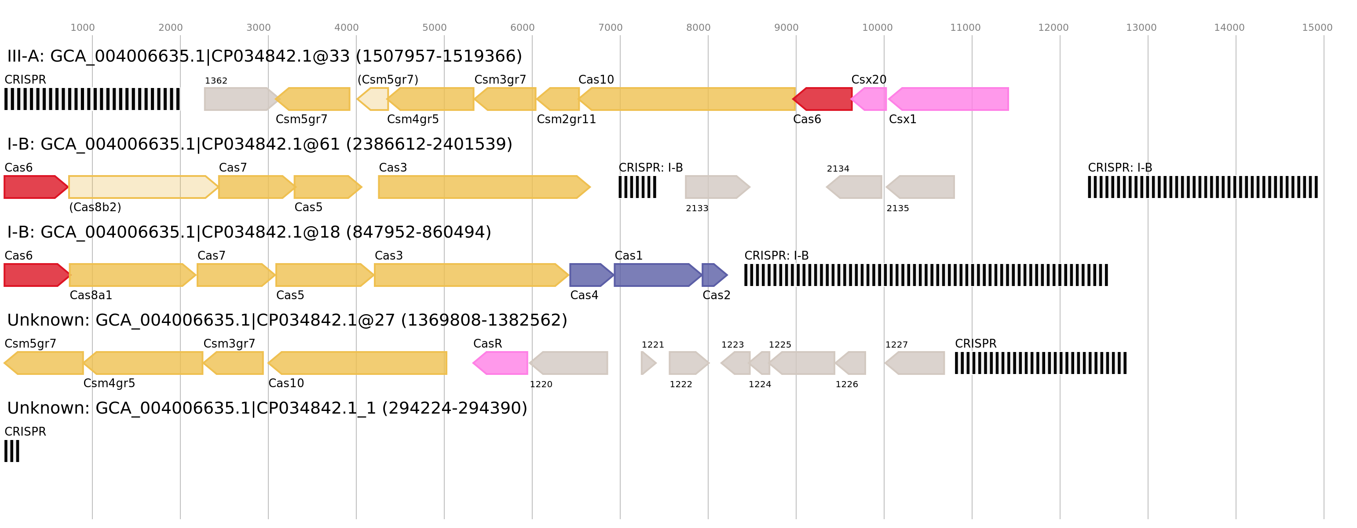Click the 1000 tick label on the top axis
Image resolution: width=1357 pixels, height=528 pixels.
pyautogui.click(x=83, y=28)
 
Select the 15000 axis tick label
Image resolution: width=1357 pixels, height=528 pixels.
pyautogui.click(x=1317, y=28)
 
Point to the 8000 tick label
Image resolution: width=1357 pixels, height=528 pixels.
pyautogui.click(x=698, y=28)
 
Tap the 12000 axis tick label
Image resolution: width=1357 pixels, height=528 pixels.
pyautogui.click(x=1053, y=28)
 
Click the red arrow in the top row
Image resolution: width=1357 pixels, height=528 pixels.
pyautogui.click(x=823, y=99)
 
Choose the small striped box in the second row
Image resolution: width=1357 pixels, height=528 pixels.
pyautogui.click(x=637, y=187)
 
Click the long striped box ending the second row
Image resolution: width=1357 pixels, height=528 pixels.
pyautogui.click(x=1203, y=187)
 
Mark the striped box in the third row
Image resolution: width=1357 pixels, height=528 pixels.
pyautogui.click(x=926, y=275)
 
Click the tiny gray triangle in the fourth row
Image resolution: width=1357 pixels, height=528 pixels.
pyautogui.click(x=648, y=363)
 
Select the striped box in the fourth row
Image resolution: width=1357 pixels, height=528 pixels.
pyautogui.click(x=1040, y=363)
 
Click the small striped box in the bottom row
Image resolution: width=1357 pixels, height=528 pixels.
pyautogui.click(x=11, y=451)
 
